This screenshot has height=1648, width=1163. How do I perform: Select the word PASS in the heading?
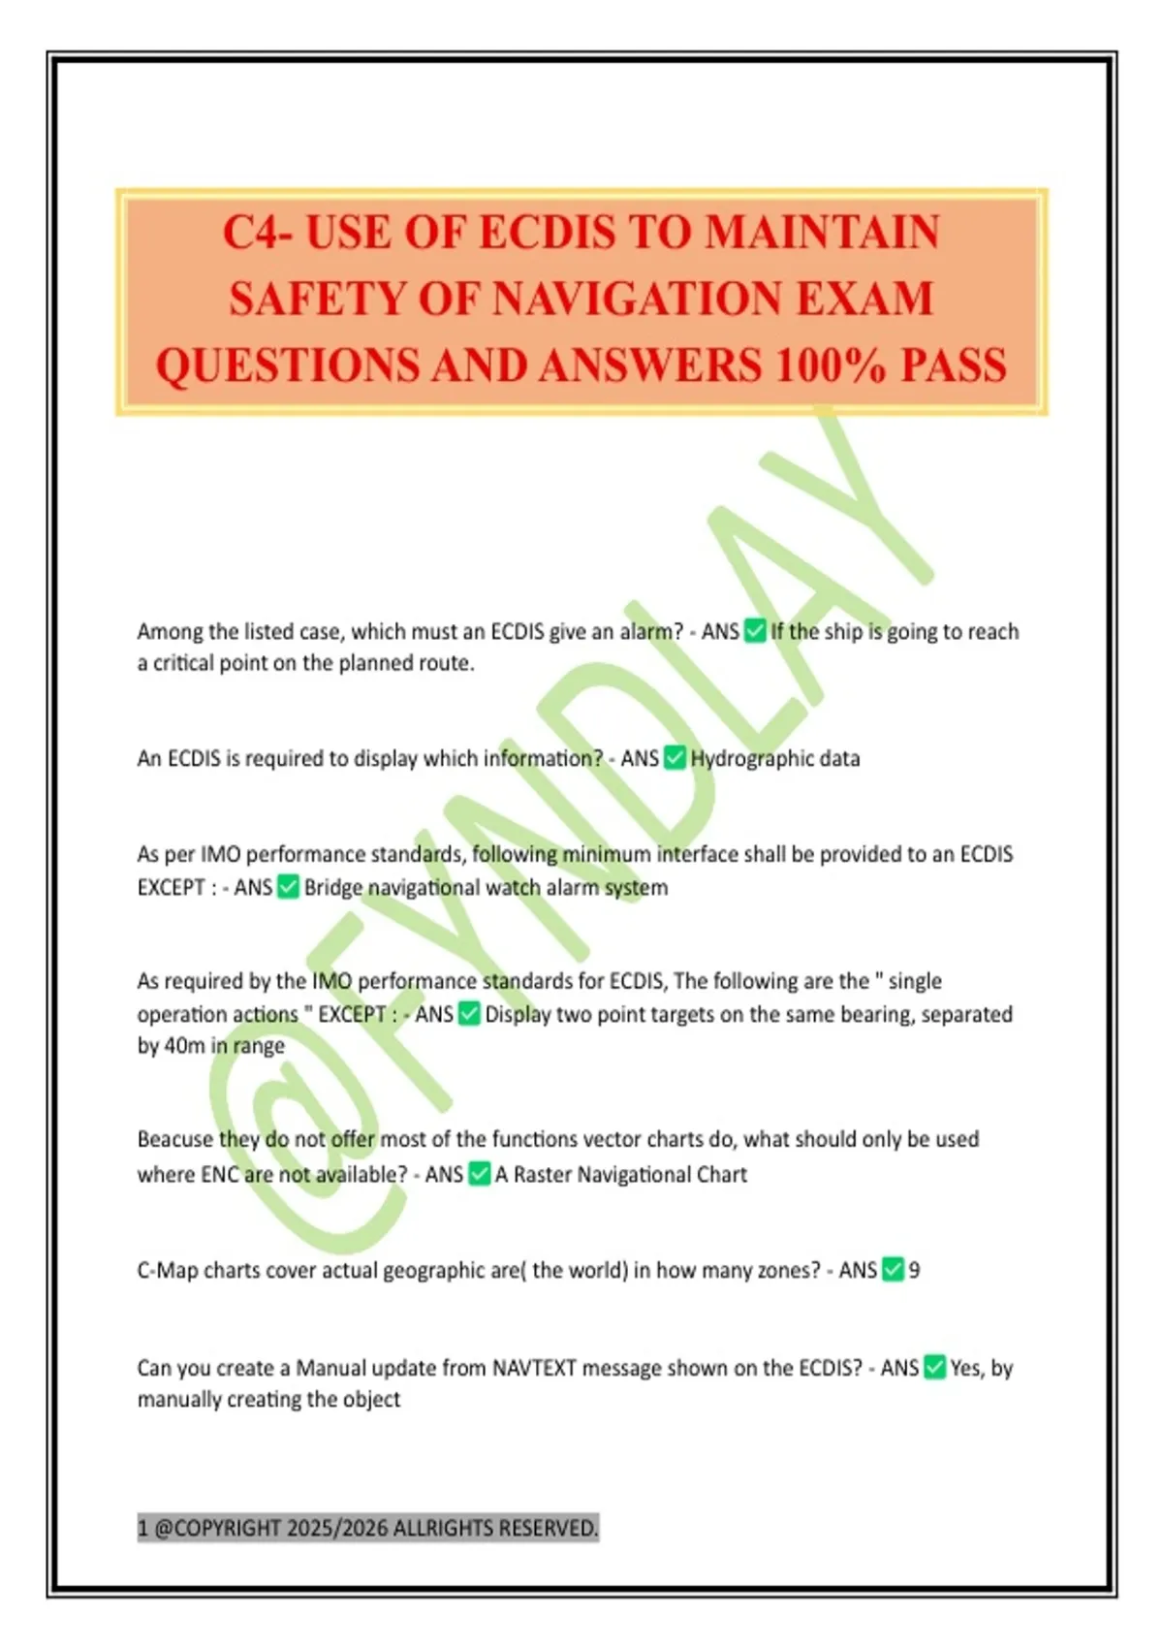coord(954,365)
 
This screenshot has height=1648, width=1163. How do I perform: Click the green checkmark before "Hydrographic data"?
coord(675,758)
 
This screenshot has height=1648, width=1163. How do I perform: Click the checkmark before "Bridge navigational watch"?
coord(288,887)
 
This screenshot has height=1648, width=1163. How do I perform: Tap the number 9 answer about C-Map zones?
coord(914,1270)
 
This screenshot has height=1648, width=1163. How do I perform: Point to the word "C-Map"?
coord(168,1270)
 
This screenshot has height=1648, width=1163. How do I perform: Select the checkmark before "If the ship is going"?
coord(755,632)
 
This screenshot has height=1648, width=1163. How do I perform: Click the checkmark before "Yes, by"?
coord(934,1368)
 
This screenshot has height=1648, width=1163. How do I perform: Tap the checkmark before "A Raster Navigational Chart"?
coord(479,1175)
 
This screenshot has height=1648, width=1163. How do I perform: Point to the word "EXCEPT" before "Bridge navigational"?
coord(171,887)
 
